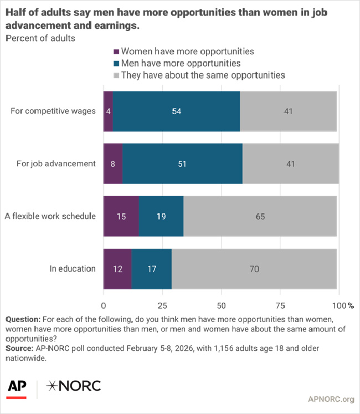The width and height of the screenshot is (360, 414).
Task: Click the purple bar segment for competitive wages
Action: point(108,111)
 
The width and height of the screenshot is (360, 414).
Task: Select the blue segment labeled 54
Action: point(176,111)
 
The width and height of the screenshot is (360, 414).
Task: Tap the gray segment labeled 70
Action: point(254,269)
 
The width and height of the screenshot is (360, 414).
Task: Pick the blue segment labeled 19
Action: point(161,216)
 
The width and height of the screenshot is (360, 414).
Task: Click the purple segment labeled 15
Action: point(121,216)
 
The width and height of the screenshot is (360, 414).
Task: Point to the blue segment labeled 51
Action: point(182,163)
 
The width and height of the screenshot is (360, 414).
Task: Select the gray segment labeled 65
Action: point(260,216)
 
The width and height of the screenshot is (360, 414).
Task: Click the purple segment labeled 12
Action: point(117,269)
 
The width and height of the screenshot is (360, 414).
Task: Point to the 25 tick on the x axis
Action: point(162,305)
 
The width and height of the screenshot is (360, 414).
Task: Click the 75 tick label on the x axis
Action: point(280,305)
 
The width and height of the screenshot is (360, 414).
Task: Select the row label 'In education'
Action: point(73,269)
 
